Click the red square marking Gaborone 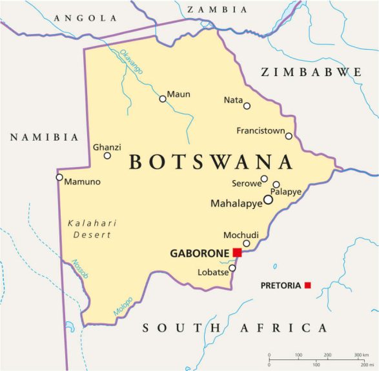[238, 252]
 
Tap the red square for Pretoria [308, 285]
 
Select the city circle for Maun [163, 99]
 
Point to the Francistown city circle [289, 135]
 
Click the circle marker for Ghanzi [107, 155]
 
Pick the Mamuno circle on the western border [59, 177]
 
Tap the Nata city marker [247, 105]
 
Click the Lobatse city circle [232, 268]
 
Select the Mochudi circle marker [247, 243]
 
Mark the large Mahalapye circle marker [268, 200]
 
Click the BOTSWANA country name [210, 162]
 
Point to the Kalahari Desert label [92, 229]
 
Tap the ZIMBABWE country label [311, 72]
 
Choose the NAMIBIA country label [45, 137]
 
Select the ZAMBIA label [217, 10]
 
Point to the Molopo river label [123, 306]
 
